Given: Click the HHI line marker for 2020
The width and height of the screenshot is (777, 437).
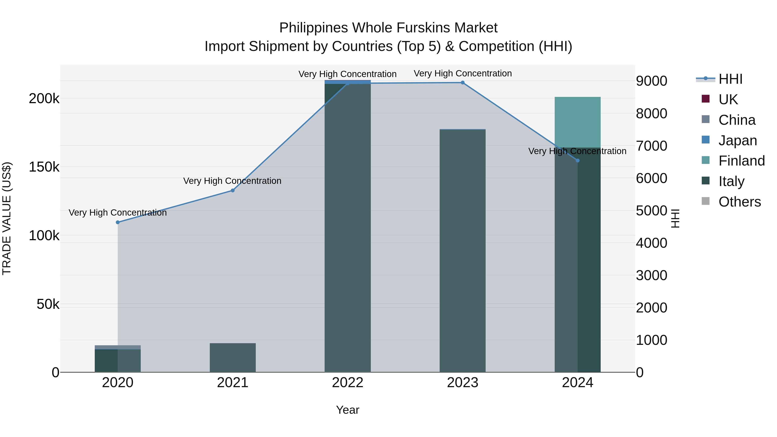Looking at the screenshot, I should coord(118,222).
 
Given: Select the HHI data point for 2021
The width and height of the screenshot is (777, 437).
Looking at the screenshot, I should coord(232,190).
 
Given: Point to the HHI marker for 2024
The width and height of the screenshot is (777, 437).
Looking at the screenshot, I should coord(578,160).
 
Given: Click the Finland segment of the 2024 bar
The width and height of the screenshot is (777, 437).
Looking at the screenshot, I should coord(578,122).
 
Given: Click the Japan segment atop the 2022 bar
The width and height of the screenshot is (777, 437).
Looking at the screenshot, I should coord(347,82).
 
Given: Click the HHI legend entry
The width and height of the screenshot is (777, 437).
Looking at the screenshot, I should coord(730,79).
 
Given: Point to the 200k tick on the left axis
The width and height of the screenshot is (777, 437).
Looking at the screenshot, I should coord(44,99).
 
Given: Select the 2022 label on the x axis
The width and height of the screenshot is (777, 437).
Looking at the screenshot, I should coord(347,382).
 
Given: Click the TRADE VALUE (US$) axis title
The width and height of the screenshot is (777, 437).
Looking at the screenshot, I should coord(7,218).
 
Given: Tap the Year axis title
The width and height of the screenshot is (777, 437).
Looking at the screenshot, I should coord(347,410).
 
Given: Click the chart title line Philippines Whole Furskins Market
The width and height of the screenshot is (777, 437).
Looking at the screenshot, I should coord(388,28).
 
